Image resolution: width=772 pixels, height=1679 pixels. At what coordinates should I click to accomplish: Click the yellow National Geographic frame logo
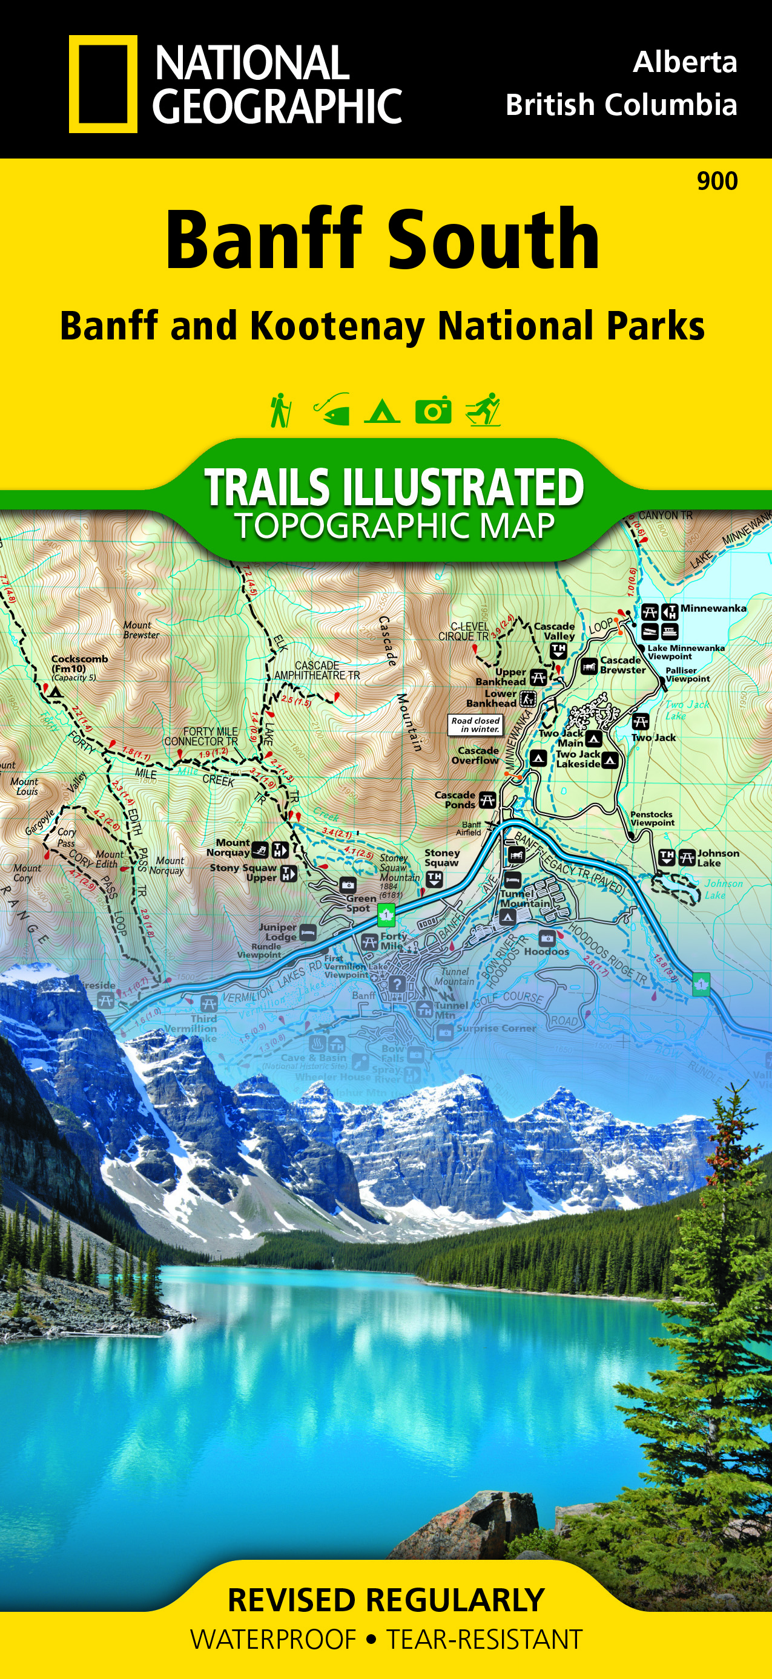pos(103,84)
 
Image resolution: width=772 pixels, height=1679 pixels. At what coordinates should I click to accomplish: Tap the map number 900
pos(718,181)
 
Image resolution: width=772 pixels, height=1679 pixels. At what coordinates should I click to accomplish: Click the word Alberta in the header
pos(685,62)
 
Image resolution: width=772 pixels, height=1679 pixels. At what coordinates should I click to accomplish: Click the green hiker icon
pos(280,410)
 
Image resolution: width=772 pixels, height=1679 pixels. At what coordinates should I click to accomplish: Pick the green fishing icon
pos(332,410)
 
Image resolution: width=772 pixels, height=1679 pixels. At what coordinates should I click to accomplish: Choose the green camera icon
pos(434,410)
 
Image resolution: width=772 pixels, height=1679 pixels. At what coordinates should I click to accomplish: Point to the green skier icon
pos(483,410)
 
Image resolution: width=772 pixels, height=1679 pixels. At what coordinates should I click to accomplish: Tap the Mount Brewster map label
pos(141,630)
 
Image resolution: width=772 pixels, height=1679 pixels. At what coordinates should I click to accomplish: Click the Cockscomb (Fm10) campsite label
pos(79,664)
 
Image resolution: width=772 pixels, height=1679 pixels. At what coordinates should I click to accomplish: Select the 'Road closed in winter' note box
pos(475,725)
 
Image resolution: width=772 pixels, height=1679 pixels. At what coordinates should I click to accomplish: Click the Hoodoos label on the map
pos(546,951)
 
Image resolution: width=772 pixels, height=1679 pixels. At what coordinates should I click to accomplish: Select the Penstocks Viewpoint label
pos(652,818)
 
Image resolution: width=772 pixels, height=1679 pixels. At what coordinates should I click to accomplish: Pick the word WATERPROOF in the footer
pos(273,1640)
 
